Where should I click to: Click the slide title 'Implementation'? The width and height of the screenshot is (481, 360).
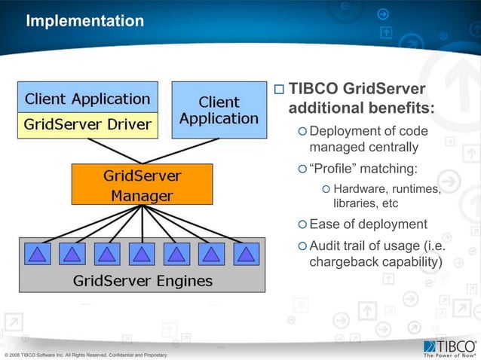pyautogui.click(x=84, y=21)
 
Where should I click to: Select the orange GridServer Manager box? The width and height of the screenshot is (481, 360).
pyautogui.click(x=142, y=185)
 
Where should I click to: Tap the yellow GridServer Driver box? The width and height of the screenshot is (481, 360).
pyautogui.click(x=87, y=124)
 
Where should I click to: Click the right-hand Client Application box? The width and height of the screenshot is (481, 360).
pyautogui.click(x=219, y=110)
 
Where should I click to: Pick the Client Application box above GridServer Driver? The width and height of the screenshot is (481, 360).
pyautogui.click(x=87, y=98)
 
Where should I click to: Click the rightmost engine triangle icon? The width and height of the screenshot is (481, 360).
pyautogui.click(x=246, y=253)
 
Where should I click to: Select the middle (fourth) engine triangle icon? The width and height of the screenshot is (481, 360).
pyautogui.click(x=142, y=253)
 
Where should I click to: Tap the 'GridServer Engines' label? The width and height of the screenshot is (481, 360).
pyautogui.click(x=142, y=281)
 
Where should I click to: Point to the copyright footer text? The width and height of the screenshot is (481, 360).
pyautogui.click(x=86, y=354)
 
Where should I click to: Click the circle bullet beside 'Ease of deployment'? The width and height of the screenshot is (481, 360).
pyautogui.click(x=302, y=224)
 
